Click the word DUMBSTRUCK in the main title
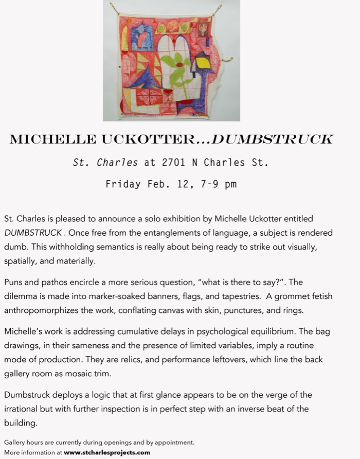click(x=273, y=139)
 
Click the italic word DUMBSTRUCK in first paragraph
click(x=32, y=233)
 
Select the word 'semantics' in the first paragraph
click(x=106, y=246)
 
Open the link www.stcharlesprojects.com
click(x=107, y=452)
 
